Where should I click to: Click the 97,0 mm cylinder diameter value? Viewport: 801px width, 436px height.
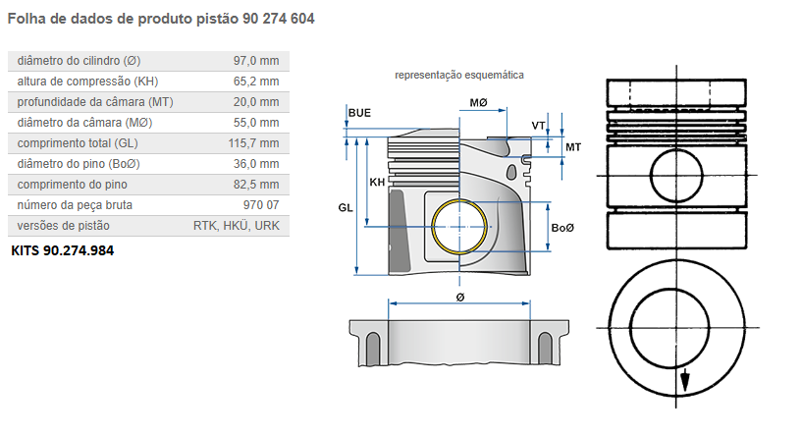[x=255, y=61]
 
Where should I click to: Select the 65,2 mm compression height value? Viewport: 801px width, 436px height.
[x=255, y=82]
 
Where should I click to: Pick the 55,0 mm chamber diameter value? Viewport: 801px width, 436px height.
[x=255, y=123]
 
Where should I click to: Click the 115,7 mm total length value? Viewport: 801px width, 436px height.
[x=252, y=143]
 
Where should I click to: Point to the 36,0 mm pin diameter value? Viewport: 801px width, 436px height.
[x=255, y=164]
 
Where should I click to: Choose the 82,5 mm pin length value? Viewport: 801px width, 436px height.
[x=255, y=185]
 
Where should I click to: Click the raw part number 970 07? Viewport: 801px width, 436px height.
[x=260, y=205]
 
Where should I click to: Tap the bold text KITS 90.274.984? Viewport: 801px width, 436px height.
[x=62, y=250]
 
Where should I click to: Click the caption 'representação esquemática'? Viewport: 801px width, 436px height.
[x=458, y=75]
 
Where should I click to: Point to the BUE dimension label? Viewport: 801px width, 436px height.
[x=359, y=114]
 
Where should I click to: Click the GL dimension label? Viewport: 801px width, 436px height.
[x=345, y=208]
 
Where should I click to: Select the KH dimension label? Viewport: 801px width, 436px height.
[x=377, y=183]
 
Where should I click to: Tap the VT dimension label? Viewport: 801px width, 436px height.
[x=538, y=126]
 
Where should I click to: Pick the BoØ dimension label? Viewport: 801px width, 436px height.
[x=562, y=228]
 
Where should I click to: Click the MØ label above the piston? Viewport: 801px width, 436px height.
[x=479, y=103]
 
